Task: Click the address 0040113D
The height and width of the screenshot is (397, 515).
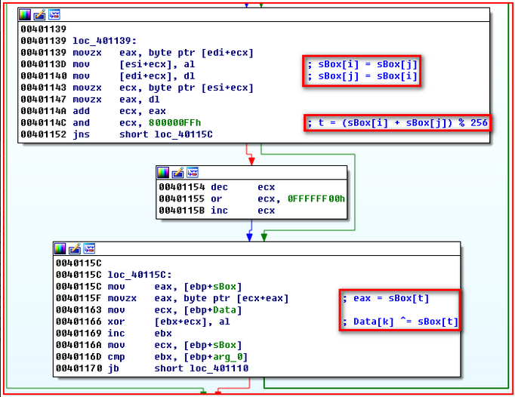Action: (44, 65)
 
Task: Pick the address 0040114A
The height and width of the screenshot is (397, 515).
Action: (44, 112)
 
